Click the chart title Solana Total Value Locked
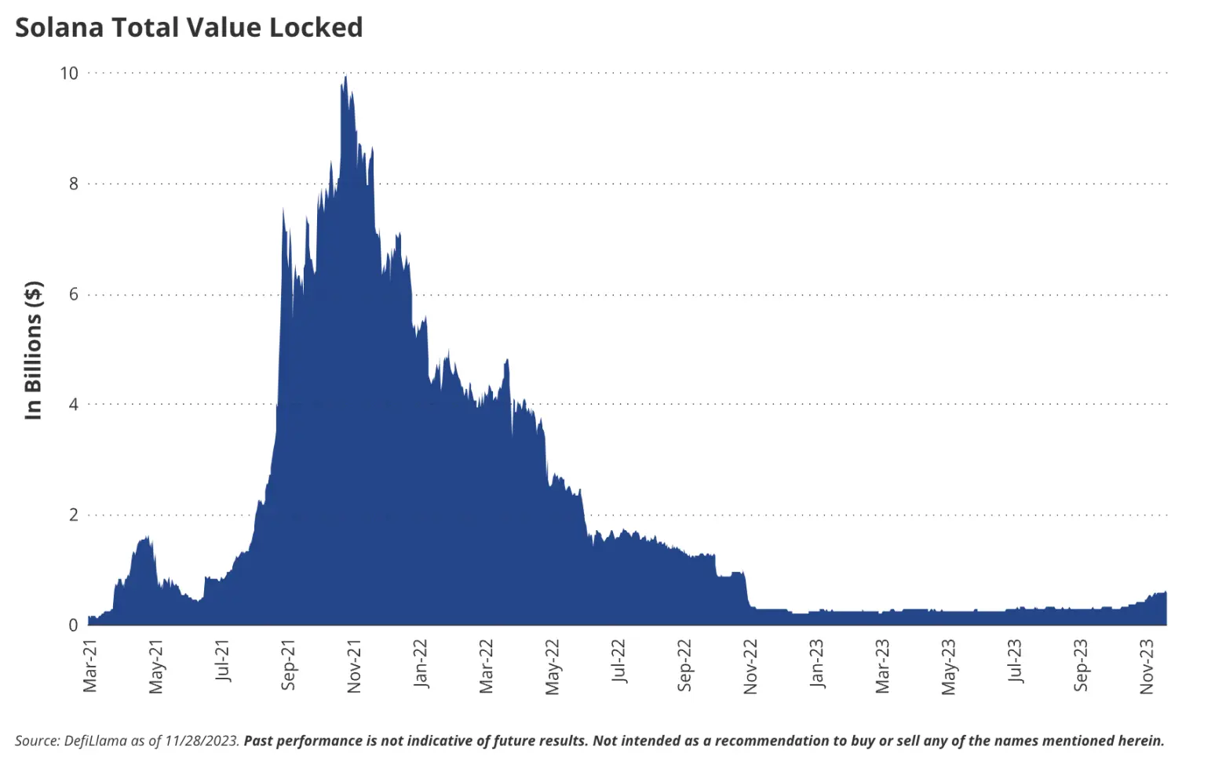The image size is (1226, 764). pos(189,27)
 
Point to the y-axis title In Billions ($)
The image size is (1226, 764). pos(33,350)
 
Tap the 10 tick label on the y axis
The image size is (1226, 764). pos(69,73)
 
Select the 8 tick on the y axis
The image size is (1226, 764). pos(74,184)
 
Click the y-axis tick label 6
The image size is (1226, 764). pos(74,294)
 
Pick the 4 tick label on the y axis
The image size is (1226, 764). pos(74,405)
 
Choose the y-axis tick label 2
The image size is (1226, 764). pos(74,515)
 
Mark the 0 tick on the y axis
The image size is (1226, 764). pos(74,625)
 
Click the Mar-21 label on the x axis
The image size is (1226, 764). pos(90,666)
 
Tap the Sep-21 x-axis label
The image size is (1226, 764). pos(289,666)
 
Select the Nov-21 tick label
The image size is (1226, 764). pos(355,666)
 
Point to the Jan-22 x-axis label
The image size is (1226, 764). pos(421,664)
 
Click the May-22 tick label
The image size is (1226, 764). pos(553,667)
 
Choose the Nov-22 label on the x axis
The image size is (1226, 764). pos(751,666)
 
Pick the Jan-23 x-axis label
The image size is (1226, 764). pos(818,664)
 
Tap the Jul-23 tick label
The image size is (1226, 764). pos(1016,661)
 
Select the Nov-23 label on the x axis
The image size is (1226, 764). pos(1148,666)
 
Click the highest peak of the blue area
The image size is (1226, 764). pos(346,78)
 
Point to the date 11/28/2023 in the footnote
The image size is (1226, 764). pos(201,741)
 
